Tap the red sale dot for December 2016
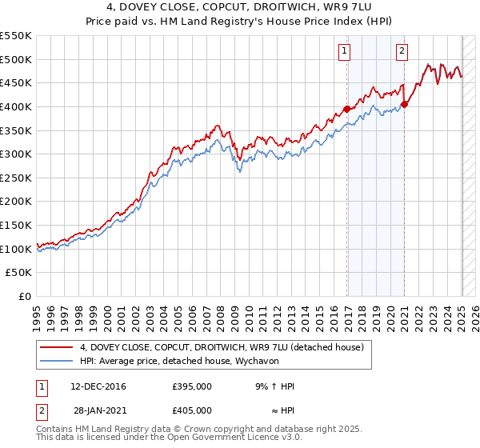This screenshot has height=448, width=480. point(346,109)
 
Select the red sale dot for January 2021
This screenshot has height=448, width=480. point(405,104)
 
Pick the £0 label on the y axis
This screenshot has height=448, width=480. point(24,297)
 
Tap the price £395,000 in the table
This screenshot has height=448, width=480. point(191,386)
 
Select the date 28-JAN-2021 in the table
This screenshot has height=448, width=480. point(99,410)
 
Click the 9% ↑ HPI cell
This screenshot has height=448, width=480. point(274,386)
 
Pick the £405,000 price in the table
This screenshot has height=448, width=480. point(191,410)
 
